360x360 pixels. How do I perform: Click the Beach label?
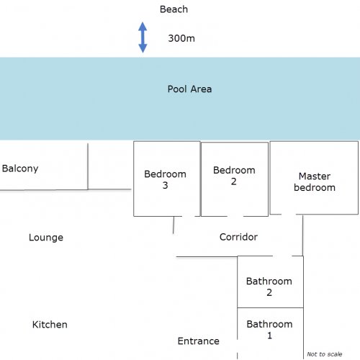(x=174, y=9)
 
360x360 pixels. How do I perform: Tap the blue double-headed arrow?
(x=143, y=37)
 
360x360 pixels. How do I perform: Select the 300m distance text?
(x=181, y=38)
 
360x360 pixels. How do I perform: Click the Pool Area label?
(x=189, y=89)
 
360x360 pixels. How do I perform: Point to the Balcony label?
(x=20, y=168)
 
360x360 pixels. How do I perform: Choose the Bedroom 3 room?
(x=167, y=179)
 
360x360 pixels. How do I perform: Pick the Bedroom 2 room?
(x=235, y=179)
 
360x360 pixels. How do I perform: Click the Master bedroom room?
(x=314, y=178)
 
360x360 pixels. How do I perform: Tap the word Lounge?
(x=46, y=238)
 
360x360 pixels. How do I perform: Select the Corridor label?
(x=238, y=237)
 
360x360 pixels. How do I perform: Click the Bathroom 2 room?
(x=270, y=282)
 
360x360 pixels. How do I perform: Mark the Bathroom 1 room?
(x=270, y=333)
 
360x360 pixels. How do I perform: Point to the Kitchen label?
(x=50, y=325)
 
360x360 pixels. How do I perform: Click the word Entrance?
(x=199, y=341)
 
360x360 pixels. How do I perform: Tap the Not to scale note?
(x=325, y=354)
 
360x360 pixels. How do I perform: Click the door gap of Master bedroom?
(x=289, y=214)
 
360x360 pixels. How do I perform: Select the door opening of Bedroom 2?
(x=235, y=216)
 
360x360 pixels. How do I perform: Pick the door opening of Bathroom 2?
(x=282, y=256)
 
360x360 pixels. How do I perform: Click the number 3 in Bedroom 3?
(x=165, y=185)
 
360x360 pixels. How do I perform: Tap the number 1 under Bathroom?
(x=269, y=336)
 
